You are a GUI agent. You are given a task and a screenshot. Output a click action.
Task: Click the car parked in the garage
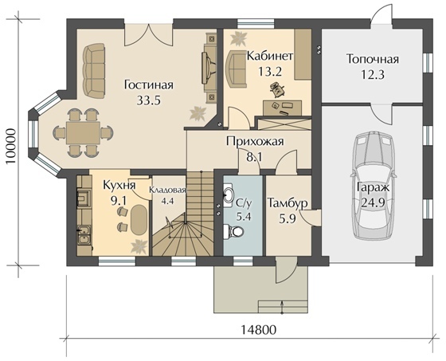coord(374,186)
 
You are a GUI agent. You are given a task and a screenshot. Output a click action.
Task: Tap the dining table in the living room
coord(83,133)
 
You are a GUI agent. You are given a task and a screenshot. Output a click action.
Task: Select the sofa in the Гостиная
coord(94,71)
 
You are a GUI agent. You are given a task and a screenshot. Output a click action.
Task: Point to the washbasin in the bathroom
coord(228,195)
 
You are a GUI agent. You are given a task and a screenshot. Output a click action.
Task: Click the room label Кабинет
coord(269,56)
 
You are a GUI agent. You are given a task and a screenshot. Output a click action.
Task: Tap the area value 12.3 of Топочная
coord(373,75)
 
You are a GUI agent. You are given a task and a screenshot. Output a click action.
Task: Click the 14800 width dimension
coord(259,330)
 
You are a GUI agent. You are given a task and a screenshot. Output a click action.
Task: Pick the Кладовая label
coord(167,190)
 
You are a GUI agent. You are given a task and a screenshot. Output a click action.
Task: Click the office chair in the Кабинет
coord(277,89)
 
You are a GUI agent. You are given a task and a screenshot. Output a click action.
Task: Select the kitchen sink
coord(84,235)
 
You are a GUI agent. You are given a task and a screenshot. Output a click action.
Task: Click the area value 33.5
coord(149,100)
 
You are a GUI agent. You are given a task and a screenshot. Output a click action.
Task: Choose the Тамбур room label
coord(288,203)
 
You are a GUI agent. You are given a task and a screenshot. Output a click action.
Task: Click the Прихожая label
coord(255,141)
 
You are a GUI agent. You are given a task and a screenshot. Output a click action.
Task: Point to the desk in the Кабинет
coord(283,108)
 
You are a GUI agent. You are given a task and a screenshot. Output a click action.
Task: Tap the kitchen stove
coord(84,198)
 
